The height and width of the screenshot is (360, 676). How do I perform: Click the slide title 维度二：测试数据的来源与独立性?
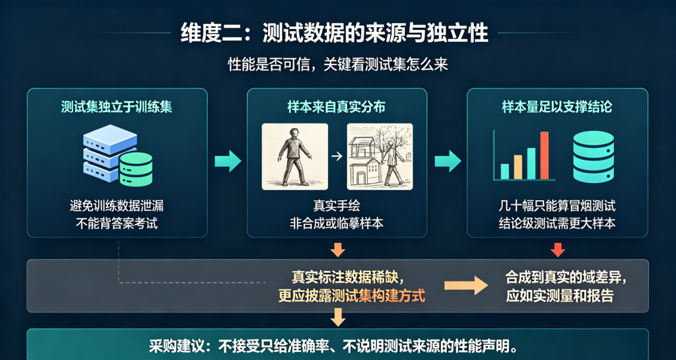click(335, 33)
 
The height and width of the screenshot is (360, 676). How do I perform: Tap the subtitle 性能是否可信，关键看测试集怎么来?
click(338, 65)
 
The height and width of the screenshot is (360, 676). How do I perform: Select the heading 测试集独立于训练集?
click(117, 107)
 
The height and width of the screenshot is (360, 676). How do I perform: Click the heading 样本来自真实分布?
click(336, 107)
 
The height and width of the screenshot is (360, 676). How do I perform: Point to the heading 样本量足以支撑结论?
click(557, 107)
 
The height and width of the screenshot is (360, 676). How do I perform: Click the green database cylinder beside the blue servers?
click(136, 170)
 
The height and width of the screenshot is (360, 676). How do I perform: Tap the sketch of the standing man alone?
click(295, 157)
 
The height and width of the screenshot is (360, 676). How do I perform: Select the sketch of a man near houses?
click(380, 157)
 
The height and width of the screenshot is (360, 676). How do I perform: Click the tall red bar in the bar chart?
click(545, 155)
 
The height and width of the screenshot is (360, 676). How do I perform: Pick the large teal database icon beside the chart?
click(593, 156)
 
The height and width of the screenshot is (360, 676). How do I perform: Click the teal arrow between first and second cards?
click(228, 161)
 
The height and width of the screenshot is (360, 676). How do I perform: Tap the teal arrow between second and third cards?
click(448, 161)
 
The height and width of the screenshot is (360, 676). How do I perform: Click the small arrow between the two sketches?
click(337, 157)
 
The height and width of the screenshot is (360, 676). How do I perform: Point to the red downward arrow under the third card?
click(557, 250)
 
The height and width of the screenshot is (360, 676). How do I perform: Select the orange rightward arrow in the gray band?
click(466, 285)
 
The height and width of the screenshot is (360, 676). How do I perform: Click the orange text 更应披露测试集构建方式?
click(352, 296)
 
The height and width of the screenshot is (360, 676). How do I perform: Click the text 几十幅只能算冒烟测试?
click(557, 206)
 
